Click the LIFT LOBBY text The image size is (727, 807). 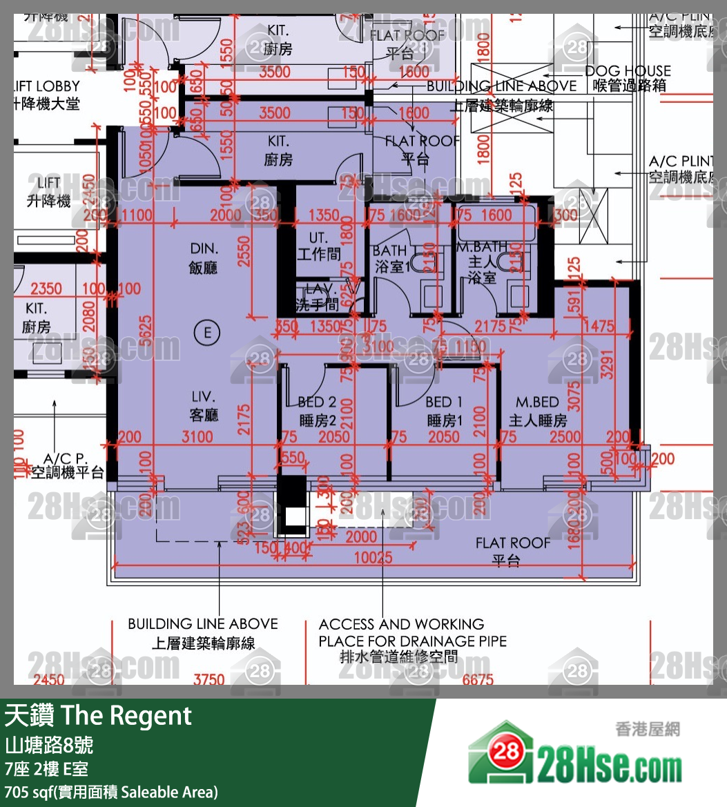(x=46, y=86)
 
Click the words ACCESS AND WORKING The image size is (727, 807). (x=401, y=624)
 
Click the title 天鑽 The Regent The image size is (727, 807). (x=98, y=716)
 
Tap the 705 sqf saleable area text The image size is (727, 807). (x=110, y=791)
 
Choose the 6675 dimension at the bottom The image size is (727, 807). (x=478, y=679)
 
